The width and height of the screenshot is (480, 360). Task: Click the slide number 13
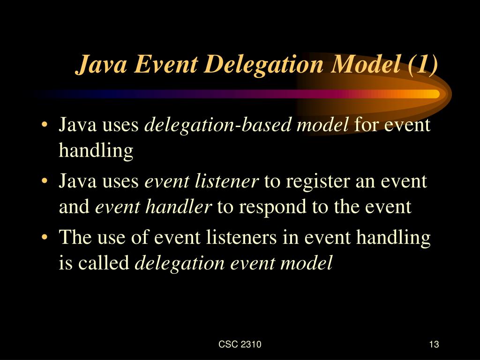pyautogui.click(x=433, y=345)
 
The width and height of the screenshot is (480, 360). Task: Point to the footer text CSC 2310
pyautogui.click(x=240, y=345)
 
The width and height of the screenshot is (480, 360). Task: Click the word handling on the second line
pyautogui.click(x=96, y=151)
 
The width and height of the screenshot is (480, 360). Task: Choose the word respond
pyautogui.click(x=270, y=207)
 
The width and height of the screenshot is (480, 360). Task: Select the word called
pyautogui.click(x=104, y=263)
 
